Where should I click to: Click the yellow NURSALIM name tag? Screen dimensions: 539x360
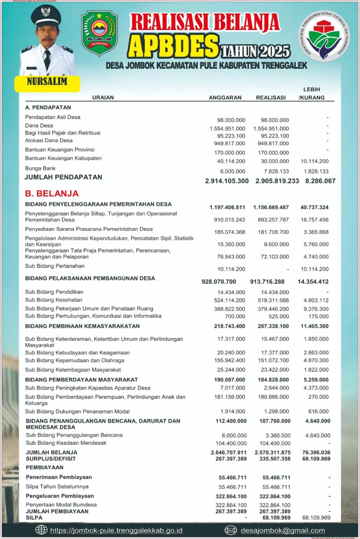point(47,82)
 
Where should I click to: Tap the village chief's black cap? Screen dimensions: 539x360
point(46,15)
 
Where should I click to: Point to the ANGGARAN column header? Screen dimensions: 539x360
point(225,97)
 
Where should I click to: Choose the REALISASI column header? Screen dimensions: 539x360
point(271,97)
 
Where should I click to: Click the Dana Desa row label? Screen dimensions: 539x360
point(39,125)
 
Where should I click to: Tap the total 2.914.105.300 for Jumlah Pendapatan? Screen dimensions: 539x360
point(227,181)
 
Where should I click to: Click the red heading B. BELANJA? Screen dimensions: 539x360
point(52,194)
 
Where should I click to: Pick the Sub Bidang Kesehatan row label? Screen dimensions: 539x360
point(54,300)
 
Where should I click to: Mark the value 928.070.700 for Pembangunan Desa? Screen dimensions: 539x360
point(219,282)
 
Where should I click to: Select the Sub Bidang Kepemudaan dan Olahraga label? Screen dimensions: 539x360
point(75,360)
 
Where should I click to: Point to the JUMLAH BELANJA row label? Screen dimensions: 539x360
point(52,452)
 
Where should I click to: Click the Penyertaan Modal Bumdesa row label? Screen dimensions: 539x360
point(61,505)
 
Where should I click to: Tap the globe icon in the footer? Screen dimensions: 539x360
point(41,530)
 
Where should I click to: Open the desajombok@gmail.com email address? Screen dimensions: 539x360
point(283,531)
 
